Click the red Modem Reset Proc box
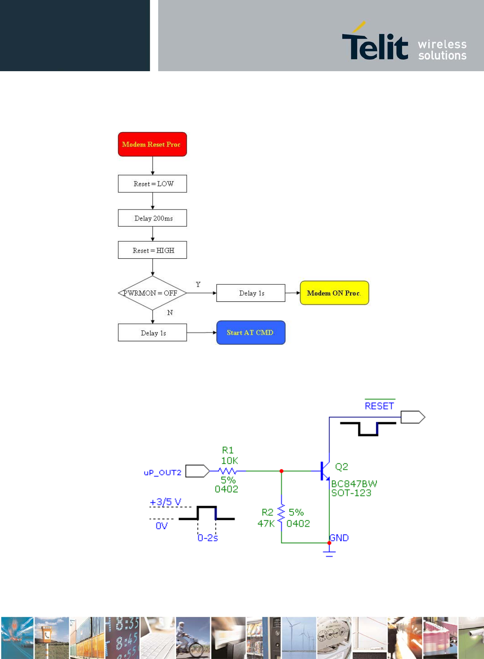tap(153, 144)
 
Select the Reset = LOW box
tap(153, 183)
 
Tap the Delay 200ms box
tap(153, 218)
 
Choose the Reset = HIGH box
tap(153, 250)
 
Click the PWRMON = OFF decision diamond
tap(153, 293)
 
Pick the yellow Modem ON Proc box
tap(334, 293)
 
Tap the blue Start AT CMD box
tap(251, 332)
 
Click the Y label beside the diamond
tap(198, 284)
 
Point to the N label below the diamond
tap(170, 312)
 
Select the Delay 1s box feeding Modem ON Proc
tap(251, 293)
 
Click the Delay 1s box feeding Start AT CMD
tap(153, 332)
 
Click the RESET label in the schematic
tap(379, 406)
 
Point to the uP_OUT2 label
tap(162, 473)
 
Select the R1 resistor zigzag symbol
tap(227, 471)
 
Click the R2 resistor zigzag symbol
tap(281, 512)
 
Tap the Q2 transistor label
tap(342, 467)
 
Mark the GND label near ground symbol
tap(339, 538)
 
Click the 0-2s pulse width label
tap(208, 538)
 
